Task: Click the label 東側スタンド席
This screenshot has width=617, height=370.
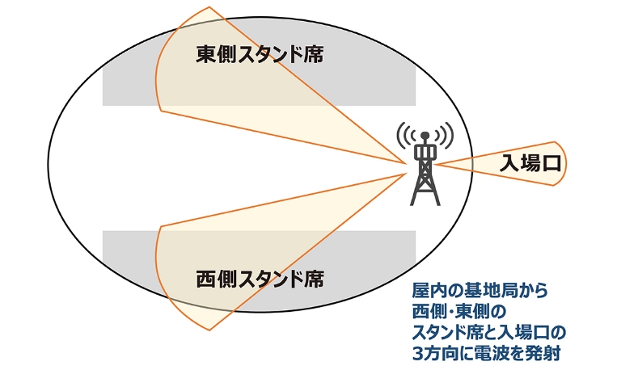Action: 260,55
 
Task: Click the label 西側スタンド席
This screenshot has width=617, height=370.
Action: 260,280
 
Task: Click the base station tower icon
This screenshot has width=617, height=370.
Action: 424,165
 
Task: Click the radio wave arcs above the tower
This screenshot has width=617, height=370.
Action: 425,134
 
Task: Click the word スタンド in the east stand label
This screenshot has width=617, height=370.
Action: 268,55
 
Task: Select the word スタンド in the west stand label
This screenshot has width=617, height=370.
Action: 268,280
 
